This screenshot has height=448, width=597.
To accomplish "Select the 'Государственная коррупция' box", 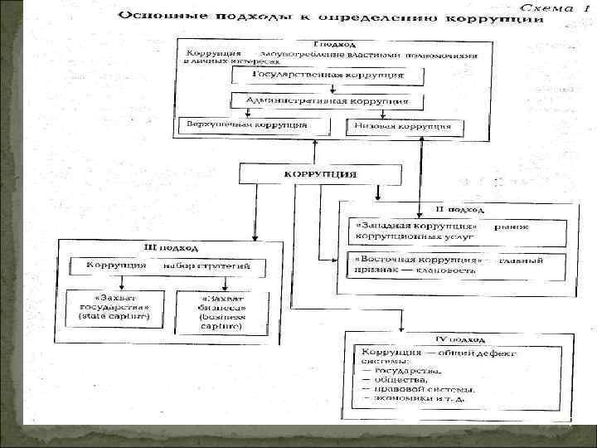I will point(328,75).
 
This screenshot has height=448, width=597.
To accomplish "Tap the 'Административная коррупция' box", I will point(328,101).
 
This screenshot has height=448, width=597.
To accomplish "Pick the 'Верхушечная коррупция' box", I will point(243,126).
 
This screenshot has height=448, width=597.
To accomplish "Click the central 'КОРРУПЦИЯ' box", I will point(321,174).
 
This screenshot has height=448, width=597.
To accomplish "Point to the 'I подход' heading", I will point(334,44).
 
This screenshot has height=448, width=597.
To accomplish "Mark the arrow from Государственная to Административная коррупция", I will point(328,89).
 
